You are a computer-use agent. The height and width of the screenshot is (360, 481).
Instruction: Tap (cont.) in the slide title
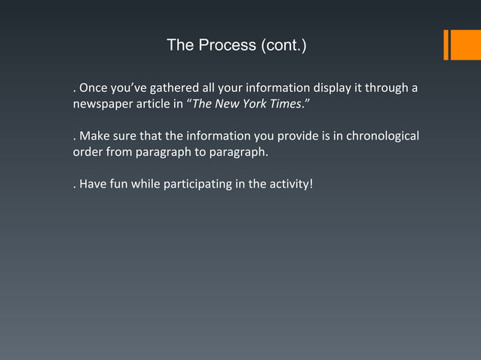tap(283, 45)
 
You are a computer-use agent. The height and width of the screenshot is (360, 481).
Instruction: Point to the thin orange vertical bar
tap(446, 44)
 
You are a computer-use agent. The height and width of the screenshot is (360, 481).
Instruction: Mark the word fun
tap(117, 184)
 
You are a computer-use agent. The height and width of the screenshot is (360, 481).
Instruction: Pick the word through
tap(385, 89)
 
